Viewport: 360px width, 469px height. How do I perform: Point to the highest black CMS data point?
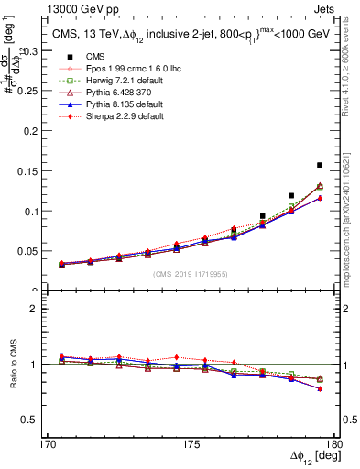click(319, 165)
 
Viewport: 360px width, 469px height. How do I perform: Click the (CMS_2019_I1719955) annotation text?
click(186, 274)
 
